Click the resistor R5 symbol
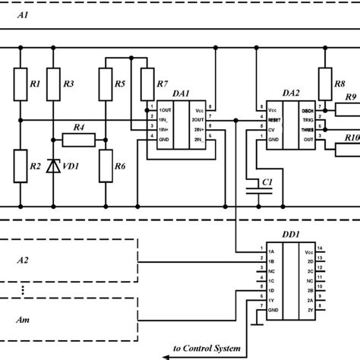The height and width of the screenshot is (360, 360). (104, 84)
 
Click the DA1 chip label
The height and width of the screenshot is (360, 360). (181, 93)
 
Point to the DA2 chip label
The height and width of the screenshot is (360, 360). (290, 93)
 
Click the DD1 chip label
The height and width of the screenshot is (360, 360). (290, 235)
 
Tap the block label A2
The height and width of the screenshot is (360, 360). (24, 260)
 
